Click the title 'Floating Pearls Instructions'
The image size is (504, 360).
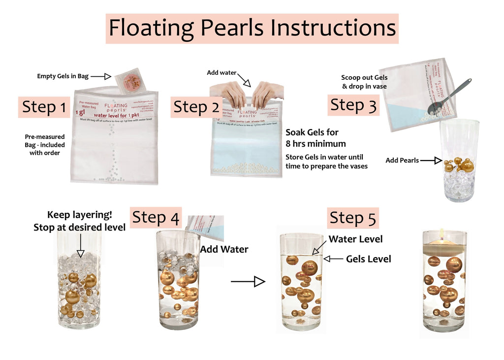coord(252,28)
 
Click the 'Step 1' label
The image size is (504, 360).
coord(44,107)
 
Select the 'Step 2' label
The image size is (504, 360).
coord(196,107)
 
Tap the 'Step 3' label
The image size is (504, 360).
coord(353,105)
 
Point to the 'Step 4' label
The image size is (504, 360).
coord(156,217)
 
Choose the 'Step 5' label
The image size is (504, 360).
coord(353,218)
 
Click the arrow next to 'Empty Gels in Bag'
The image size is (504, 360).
coord(101,76)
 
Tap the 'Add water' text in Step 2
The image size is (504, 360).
coord(221,72)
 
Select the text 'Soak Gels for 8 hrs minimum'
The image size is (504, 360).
coord(315,138)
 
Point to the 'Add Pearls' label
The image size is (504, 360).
coord(403,160)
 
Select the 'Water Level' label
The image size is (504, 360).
coord(355,239)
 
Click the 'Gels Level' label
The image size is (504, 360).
coord(368,259)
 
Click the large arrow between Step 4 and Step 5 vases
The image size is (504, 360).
coord(248,282)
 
